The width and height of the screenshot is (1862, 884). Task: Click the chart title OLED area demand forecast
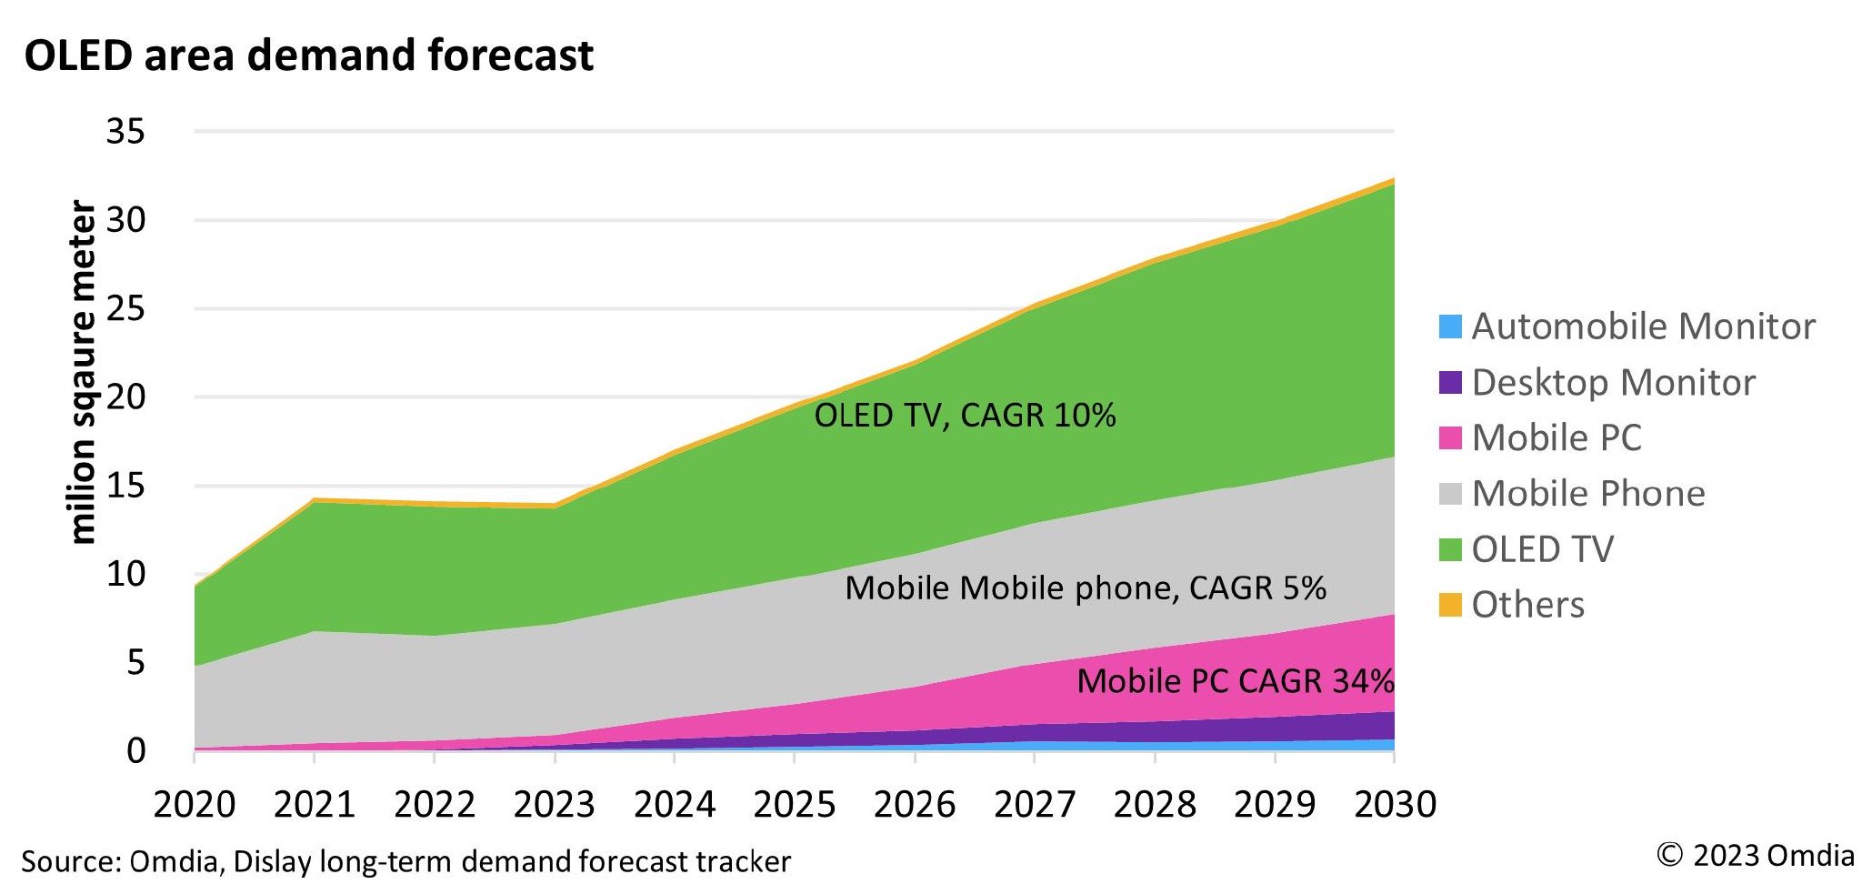coord(308,55)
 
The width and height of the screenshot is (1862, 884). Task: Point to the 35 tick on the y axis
coord(125,132)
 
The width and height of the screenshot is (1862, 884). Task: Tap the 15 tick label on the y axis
coord(125,486)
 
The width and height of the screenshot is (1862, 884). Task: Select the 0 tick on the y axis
coord(135,751)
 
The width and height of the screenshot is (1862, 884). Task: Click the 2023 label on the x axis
coord(554,805)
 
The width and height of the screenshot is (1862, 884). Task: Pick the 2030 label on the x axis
coord(1395,805)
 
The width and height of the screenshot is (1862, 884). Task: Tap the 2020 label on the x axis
coord(194,805)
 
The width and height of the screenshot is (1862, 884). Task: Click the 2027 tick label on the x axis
coord(1035,805)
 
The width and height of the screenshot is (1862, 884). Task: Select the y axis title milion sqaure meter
coord(82,373)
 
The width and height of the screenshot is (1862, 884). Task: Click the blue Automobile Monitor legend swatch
coord(1450,326)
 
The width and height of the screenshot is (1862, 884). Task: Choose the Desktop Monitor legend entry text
coord(1613,383)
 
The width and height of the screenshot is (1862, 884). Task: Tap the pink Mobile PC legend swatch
coord(1450,438)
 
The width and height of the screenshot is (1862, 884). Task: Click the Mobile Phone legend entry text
coord(1587,494)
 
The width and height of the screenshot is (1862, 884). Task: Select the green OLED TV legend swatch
coord(1450,550)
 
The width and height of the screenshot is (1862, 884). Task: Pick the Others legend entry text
coord(1527,606)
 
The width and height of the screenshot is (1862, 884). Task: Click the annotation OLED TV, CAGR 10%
coord(965,416)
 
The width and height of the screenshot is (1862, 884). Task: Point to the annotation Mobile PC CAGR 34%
coord(1235,681)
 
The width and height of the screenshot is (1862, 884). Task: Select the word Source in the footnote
coord(69,861)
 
